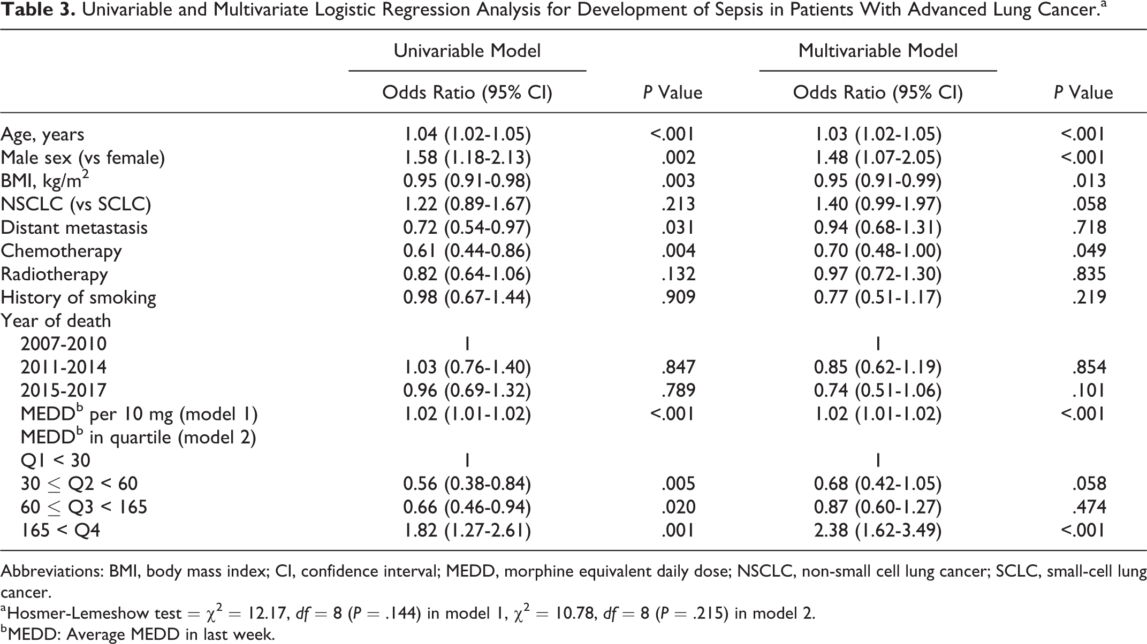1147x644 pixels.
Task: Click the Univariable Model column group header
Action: pos(467,51)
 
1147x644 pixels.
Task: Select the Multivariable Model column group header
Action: pos(878,51)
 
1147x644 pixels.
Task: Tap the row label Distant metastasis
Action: pos(74,227)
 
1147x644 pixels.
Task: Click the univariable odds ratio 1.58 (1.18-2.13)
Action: pos(467,157)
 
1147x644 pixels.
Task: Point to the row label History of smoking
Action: pos(78,297)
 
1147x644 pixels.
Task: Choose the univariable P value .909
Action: pos(678,297)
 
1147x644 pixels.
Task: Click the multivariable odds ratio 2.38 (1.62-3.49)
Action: pos(878,530)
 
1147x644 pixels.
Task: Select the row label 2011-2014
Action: pos(64,367)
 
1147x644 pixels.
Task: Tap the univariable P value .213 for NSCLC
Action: pos(678,204)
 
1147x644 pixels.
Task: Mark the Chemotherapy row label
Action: pos(61,251)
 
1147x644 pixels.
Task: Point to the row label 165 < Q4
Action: pos(60,530)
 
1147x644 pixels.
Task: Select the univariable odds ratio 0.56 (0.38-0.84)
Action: pos(467,484)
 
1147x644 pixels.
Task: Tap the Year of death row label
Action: pos(56,321)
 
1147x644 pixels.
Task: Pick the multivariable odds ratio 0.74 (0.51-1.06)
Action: pos(878,390)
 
